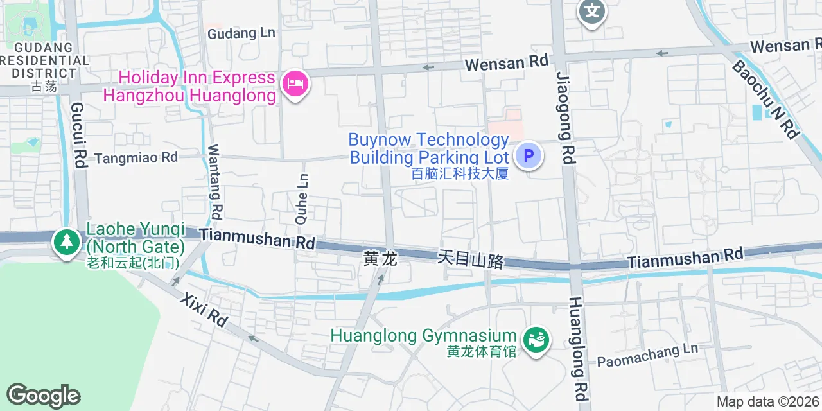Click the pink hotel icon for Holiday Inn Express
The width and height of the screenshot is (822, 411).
tap(296, 83)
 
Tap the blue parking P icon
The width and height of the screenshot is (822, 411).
tap(529, 155)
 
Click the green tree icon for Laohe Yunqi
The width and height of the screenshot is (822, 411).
tap(66, 241)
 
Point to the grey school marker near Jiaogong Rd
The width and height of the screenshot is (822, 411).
tap(592, 12)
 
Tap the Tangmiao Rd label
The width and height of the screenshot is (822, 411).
tap(136, 157)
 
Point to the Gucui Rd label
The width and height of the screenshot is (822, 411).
tap(78, 135)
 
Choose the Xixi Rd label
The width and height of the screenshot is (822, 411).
tap(204, 310)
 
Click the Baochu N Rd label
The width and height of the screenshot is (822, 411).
tap(765, 99)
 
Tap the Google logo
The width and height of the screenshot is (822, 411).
tap(43, 396)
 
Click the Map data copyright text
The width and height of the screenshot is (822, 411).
tap(767, 402)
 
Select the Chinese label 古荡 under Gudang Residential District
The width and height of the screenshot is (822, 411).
tap(44, 87)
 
